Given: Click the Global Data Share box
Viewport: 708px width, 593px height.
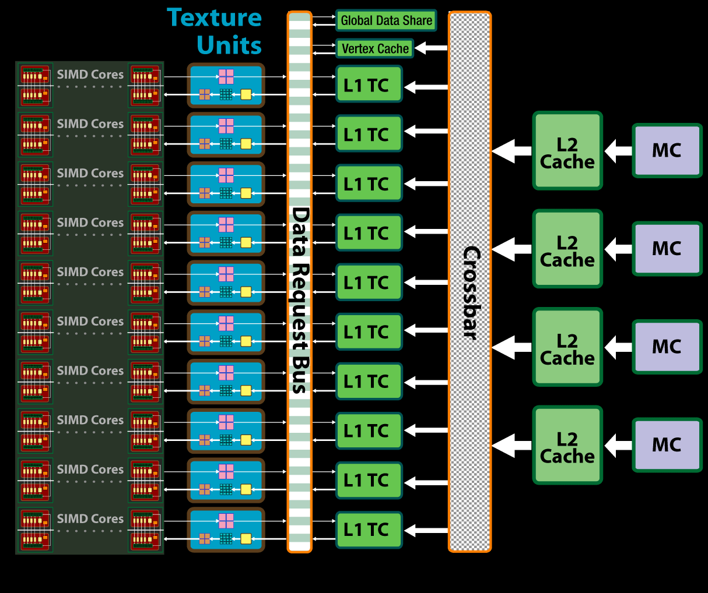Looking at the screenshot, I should tap(386, 20).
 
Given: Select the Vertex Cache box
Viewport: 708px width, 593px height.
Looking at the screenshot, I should tap(374, 48).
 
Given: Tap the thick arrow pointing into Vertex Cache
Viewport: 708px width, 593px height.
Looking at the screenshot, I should tap(430, 48).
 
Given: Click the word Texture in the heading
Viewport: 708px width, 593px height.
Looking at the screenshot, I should tap(214, 17).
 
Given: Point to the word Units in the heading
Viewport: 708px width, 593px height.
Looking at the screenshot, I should tap(229, 45).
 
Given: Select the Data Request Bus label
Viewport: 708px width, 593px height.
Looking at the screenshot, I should tap(300, 300).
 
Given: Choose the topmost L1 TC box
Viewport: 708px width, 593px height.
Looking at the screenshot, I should tap(369, 85).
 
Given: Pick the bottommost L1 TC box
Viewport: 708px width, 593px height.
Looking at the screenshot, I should tap(369, 530).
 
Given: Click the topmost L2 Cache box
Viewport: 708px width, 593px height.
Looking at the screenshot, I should tap(567, 151).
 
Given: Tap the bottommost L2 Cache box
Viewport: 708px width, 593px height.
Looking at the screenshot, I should tap(567, 445).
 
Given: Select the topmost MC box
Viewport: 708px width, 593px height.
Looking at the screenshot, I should tap(667, 151).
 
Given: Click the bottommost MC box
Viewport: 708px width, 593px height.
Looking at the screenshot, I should tap(667, 445).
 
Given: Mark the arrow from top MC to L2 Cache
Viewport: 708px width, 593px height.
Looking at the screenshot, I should tap(618, 151).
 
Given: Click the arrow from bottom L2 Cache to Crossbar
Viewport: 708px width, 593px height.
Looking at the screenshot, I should tap(511, 446).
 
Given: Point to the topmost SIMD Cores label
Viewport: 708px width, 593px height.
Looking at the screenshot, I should tap(90, 75).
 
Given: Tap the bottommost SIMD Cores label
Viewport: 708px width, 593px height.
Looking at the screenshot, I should tap(90, 519).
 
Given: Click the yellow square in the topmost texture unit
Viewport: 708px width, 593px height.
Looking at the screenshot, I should tap(246, 94).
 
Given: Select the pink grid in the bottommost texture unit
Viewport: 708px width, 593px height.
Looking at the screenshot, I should tap(226, 521).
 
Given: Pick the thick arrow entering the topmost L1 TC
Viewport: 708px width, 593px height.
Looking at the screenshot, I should tap(426, 87).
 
